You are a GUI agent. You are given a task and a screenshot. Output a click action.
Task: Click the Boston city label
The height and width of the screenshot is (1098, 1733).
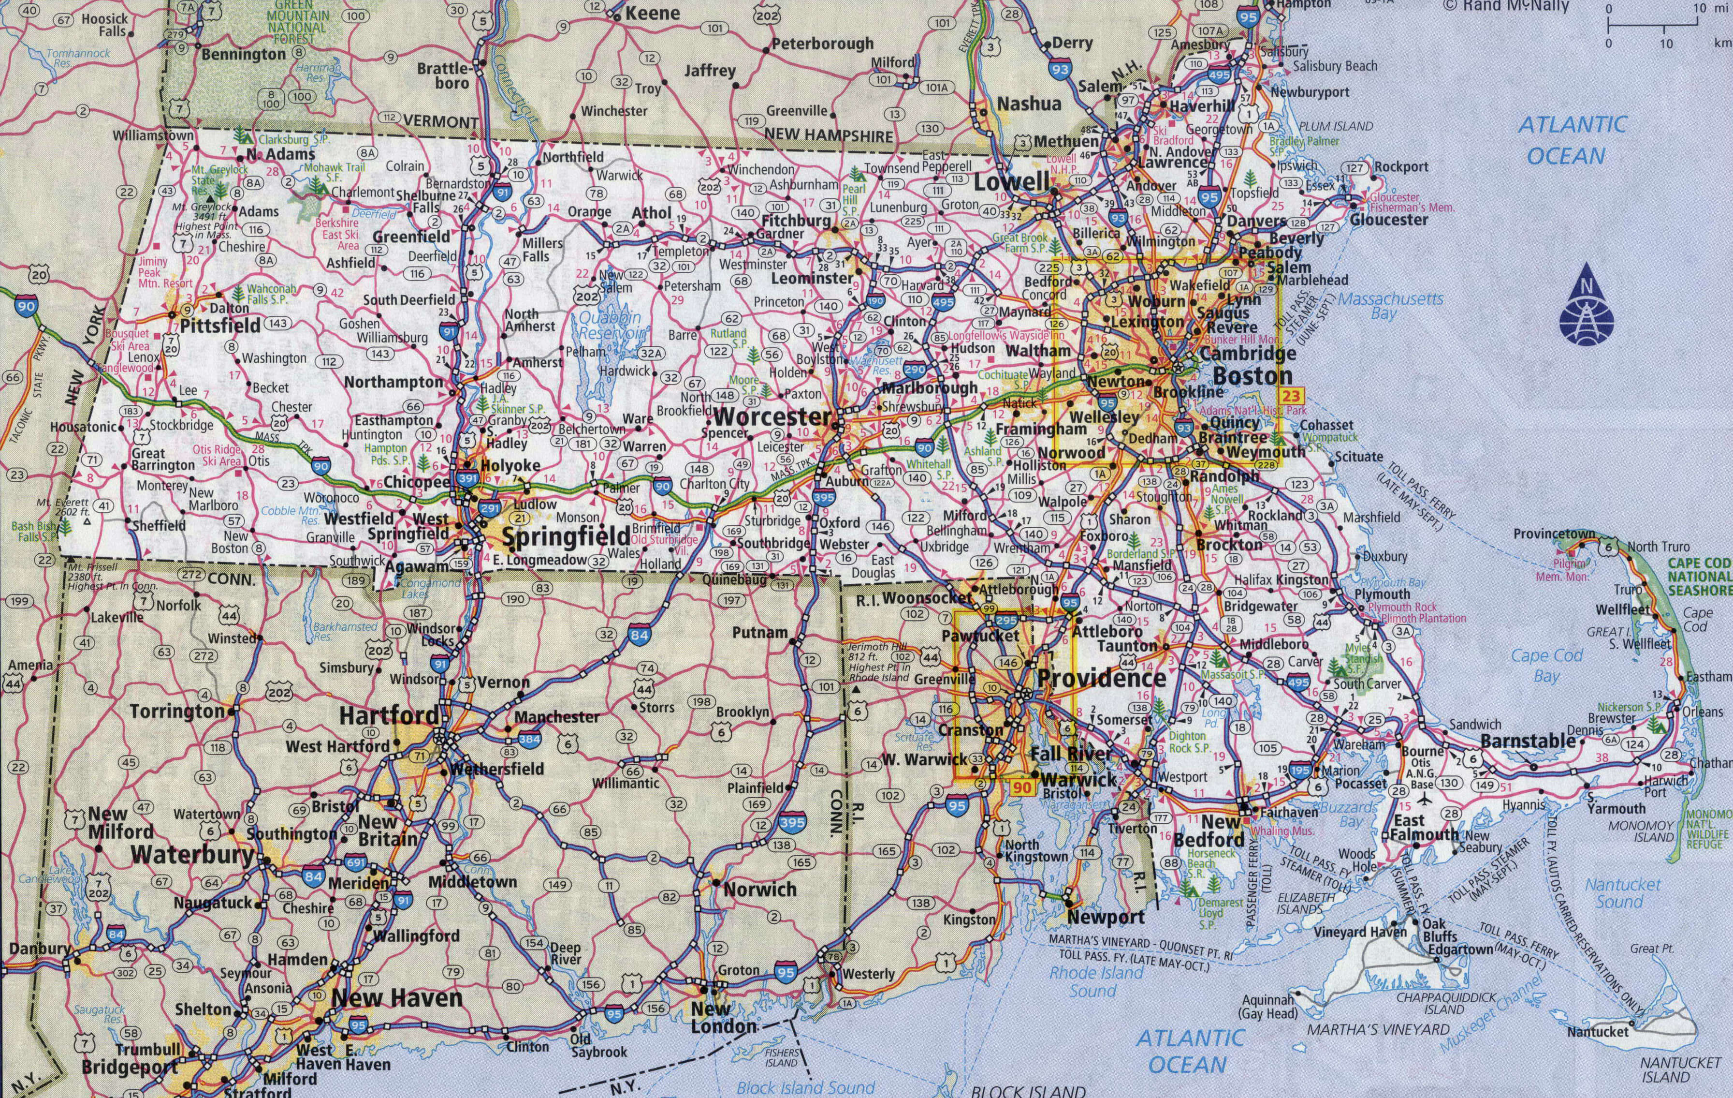point(1252,376)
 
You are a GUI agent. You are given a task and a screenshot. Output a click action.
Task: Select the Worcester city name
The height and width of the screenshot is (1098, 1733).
point(772,416)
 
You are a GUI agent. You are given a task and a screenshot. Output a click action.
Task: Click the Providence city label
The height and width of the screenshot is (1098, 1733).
point(1101,678)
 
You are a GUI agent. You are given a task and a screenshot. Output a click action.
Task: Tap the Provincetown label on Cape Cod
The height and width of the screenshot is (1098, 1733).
point(1554,534)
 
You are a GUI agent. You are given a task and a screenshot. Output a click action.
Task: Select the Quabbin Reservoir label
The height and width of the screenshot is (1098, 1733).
point(610,326)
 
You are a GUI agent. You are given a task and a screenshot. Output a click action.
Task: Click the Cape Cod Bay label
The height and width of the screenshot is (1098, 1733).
point(1546,665)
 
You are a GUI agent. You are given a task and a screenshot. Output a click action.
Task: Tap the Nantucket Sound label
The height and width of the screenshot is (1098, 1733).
point(1623,893)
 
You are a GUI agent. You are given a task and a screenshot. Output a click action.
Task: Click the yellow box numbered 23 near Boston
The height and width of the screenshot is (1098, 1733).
point(1291,395)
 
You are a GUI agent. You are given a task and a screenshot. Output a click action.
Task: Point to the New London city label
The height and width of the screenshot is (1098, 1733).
point(723,1017)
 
